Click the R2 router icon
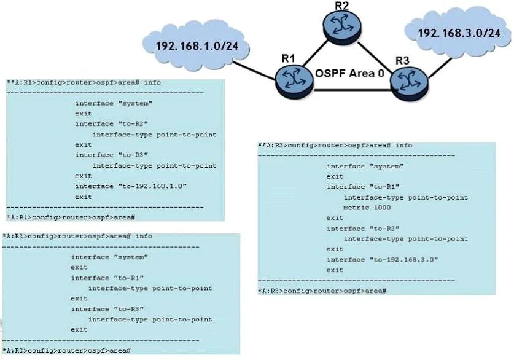(342, 26)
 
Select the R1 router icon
(294, 81)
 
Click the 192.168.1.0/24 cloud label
(197, 46)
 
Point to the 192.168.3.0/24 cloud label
(459, 33)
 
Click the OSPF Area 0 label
(349, 72)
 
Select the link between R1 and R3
(352, 90)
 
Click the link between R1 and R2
(315, 53)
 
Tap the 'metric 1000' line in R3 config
(367, 208)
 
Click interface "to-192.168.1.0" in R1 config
(131, 186)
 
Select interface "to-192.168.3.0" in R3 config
(382, 260)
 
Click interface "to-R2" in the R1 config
(112, 124)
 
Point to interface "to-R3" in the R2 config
(107, 309)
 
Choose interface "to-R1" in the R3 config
(363, 187)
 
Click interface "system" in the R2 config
(109, 257)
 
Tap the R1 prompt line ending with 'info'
(84, 82)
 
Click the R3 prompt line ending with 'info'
(335, 145)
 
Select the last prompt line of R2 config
(66, 351)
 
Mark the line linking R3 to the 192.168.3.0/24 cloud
(440, 68)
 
